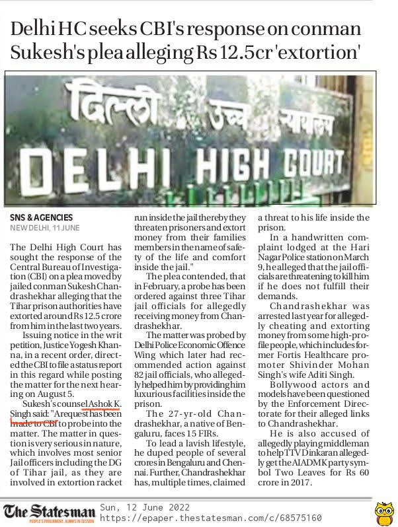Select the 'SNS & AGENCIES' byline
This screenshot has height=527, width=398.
(x=41, y=218)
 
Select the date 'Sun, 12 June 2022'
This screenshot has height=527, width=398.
(x=145, y=507)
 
